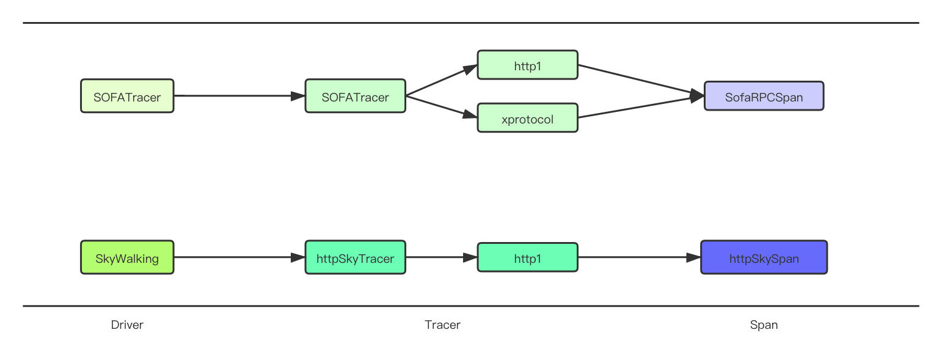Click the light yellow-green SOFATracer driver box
click(x=127, y=96)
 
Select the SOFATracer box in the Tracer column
click(x=355, y=96)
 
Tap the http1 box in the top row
click(x=527, y=65)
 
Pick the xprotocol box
click(x=527, y=119)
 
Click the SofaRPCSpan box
click(x=764, y=97)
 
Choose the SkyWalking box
click(x=127, y=257)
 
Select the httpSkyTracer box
click(x=355, y=257)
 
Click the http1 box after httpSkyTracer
click(x=527, y=258)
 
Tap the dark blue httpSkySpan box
click(x=764, y=258)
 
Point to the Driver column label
click(x=127, y=325)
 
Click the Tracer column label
click(x=442, y=325)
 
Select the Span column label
click(x=764, y=325)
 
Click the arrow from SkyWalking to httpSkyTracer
click(x=238, y=257)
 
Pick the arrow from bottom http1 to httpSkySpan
click(x=638, y=257)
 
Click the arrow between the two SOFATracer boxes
click(x=238, y=96)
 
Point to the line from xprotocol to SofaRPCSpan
click(x=638, y=108)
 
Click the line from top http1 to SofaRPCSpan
click(x=638, y=79)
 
